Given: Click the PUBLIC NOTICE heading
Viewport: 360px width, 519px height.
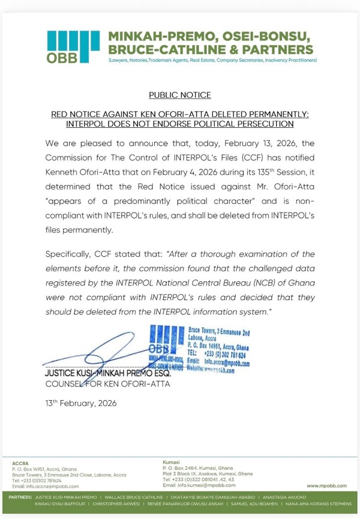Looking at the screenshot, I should coord(179,95).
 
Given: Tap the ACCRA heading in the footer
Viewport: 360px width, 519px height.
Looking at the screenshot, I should coord(20,463).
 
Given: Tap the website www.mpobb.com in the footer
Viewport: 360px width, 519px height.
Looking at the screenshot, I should coord(326,485).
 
